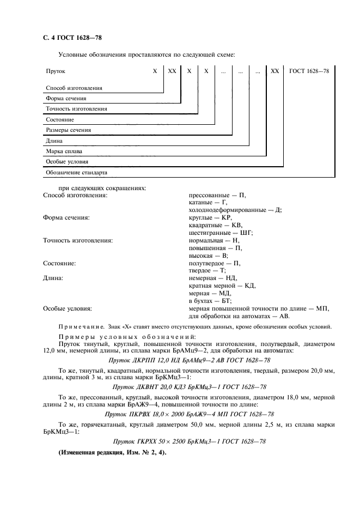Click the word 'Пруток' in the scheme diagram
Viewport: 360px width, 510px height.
click(x=55, y=71)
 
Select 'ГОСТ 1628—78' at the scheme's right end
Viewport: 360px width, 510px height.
click(x=309, y=71)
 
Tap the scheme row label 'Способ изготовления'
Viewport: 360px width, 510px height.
click(x=74, y=88)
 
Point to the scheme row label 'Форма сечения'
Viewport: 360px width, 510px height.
click(x=66, y=99)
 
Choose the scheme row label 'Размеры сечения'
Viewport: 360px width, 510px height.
click(x=68, y=130)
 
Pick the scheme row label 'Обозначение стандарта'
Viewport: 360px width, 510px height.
click(x=76, y=172)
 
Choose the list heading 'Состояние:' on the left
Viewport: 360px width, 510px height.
click(x=59, y=263)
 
